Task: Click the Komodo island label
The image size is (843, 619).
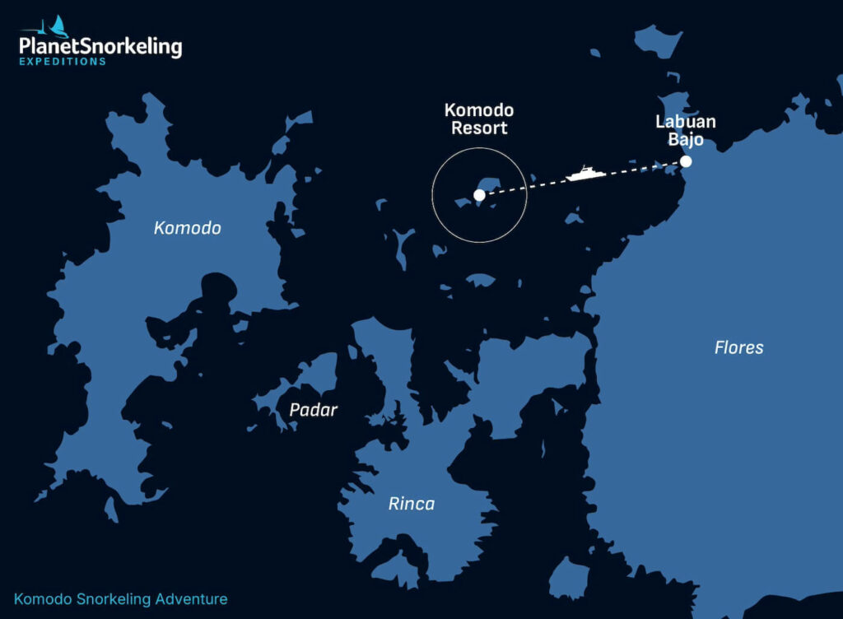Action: (188, 228)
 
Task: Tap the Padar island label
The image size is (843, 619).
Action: (314, 409)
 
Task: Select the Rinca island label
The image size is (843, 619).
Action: (412, 504)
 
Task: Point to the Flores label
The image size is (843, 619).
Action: (738, 347)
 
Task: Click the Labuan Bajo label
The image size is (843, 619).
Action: (686, 131)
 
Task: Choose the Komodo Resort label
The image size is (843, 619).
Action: (479, 119)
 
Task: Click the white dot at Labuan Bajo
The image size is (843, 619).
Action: (686, 161)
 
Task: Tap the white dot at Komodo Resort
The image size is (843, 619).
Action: (479, 195)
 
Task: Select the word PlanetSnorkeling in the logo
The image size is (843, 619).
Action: (100, 47)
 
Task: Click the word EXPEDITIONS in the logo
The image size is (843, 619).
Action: (63, 62)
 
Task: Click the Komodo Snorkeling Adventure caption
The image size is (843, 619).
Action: (121, 599)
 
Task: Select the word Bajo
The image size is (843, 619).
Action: (686, 140)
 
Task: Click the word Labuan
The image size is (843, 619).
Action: (686, 122)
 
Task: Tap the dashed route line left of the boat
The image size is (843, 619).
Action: (527, 186)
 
